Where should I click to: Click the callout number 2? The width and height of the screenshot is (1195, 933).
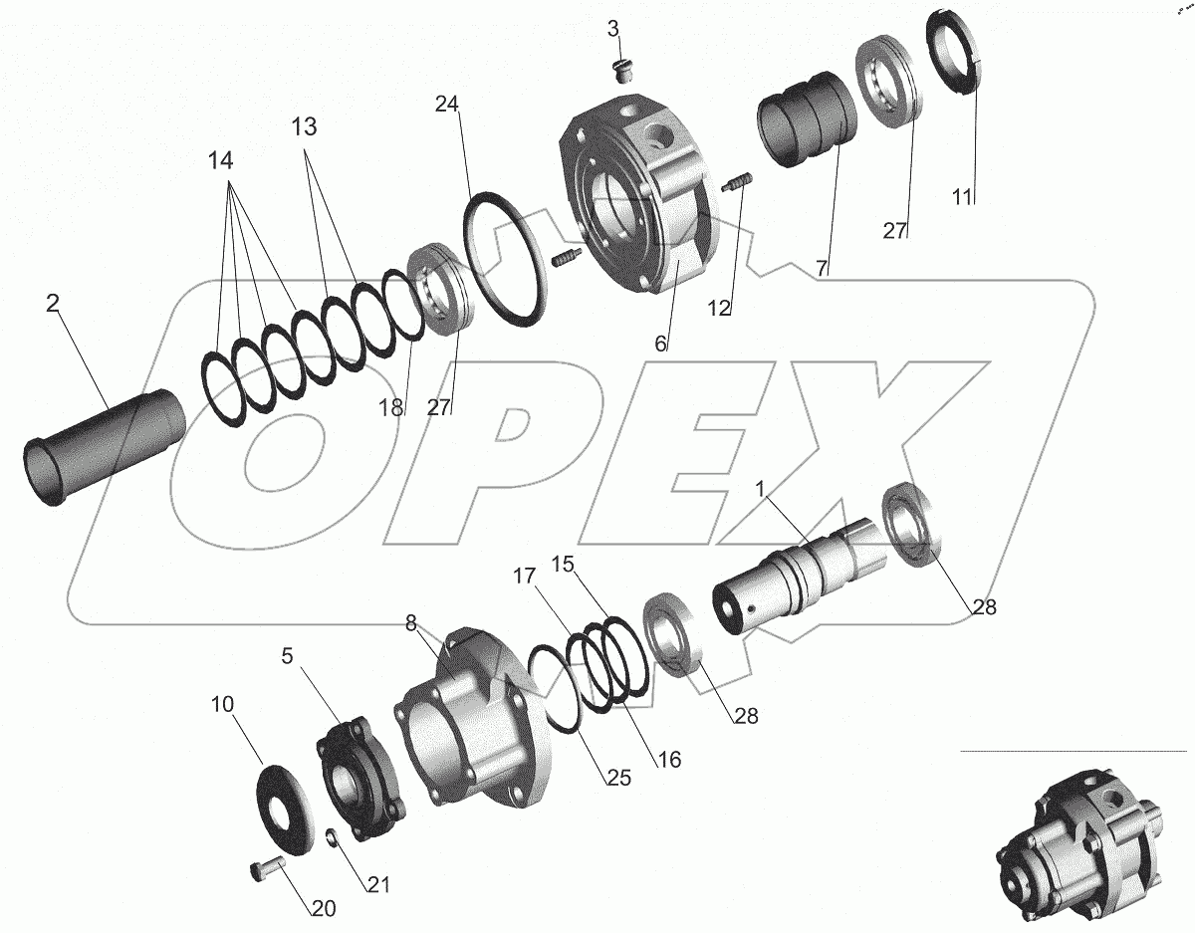[52, 304]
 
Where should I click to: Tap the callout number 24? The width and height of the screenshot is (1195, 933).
[446, 104]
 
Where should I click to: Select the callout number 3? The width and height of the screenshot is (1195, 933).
[613, 29]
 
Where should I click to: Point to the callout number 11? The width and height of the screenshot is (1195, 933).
[962, 197]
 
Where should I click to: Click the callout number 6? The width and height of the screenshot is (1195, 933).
[660, 345]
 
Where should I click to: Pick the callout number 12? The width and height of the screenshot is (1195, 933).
[719, 309]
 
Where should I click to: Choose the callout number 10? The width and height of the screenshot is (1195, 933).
[222, 704]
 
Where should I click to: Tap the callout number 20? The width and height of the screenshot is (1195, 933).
[324, 909]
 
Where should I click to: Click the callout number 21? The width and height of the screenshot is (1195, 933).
[378, 885]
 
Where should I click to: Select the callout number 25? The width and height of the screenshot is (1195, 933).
[618, 778]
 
